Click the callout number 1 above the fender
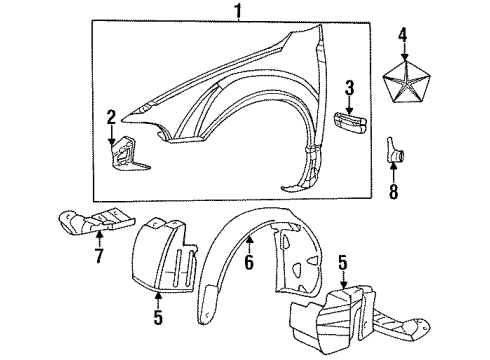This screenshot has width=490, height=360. (x=238, y=11)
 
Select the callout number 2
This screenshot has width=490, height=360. (x=112, y=117)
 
